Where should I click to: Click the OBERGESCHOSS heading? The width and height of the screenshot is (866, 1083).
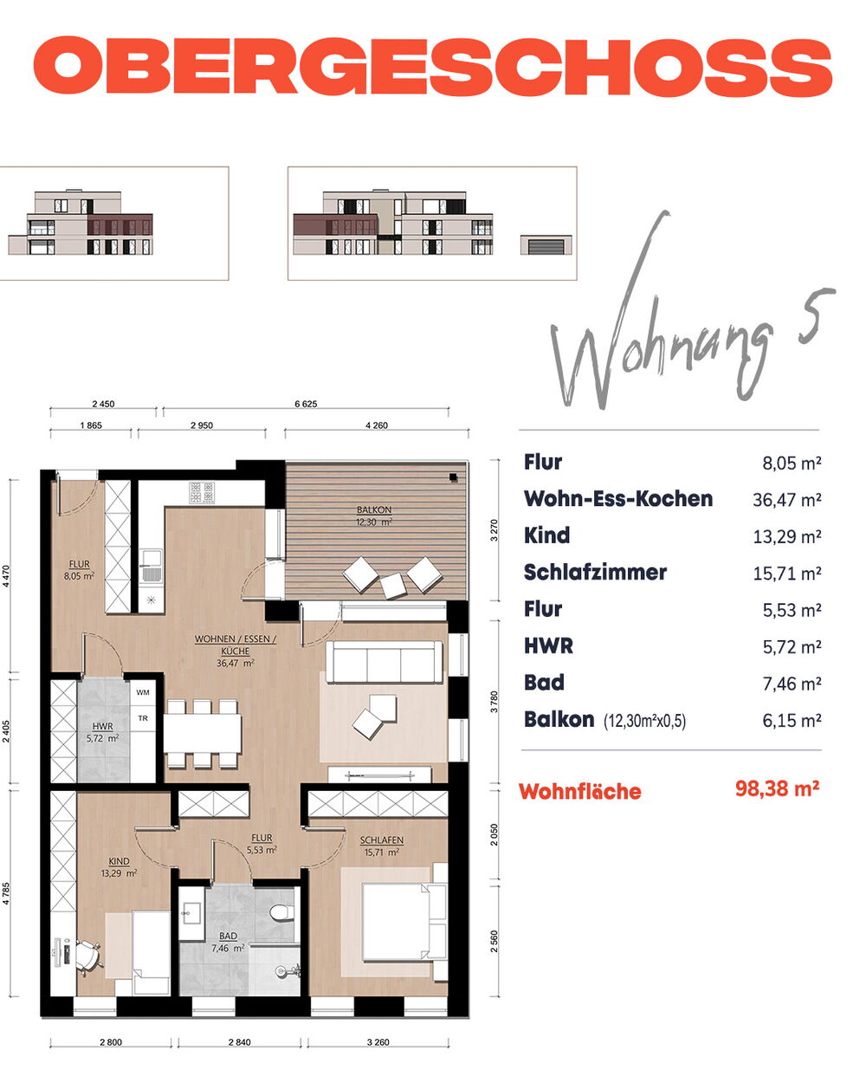[432, 65]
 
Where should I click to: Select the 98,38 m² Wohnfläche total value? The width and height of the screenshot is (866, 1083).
[777, 788]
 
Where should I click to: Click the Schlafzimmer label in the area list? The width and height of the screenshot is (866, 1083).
[595, 572]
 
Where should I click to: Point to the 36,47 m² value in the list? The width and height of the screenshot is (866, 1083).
[786, 499]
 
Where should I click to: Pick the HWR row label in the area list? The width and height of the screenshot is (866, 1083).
[548, 645]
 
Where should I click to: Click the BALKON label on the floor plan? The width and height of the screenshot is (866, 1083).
[374, 509]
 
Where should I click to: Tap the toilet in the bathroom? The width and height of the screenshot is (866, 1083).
[281, 912]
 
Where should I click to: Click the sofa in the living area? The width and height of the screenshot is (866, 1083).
[384, 662]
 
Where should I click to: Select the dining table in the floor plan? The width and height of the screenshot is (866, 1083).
[203, 733]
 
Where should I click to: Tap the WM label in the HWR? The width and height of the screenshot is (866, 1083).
[143, 692]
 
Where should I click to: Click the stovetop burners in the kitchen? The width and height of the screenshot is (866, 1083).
[202, 493]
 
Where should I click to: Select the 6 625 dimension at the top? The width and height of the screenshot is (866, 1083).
[306, 404]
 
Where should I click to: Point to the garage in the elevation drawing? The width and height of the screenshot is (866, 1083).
[546, 245]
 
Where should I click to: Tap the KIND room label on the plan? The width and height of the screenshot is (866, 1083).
[119, 861]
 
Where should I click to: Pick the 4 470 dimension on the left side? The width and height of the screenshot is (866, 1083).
[6, 575]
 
